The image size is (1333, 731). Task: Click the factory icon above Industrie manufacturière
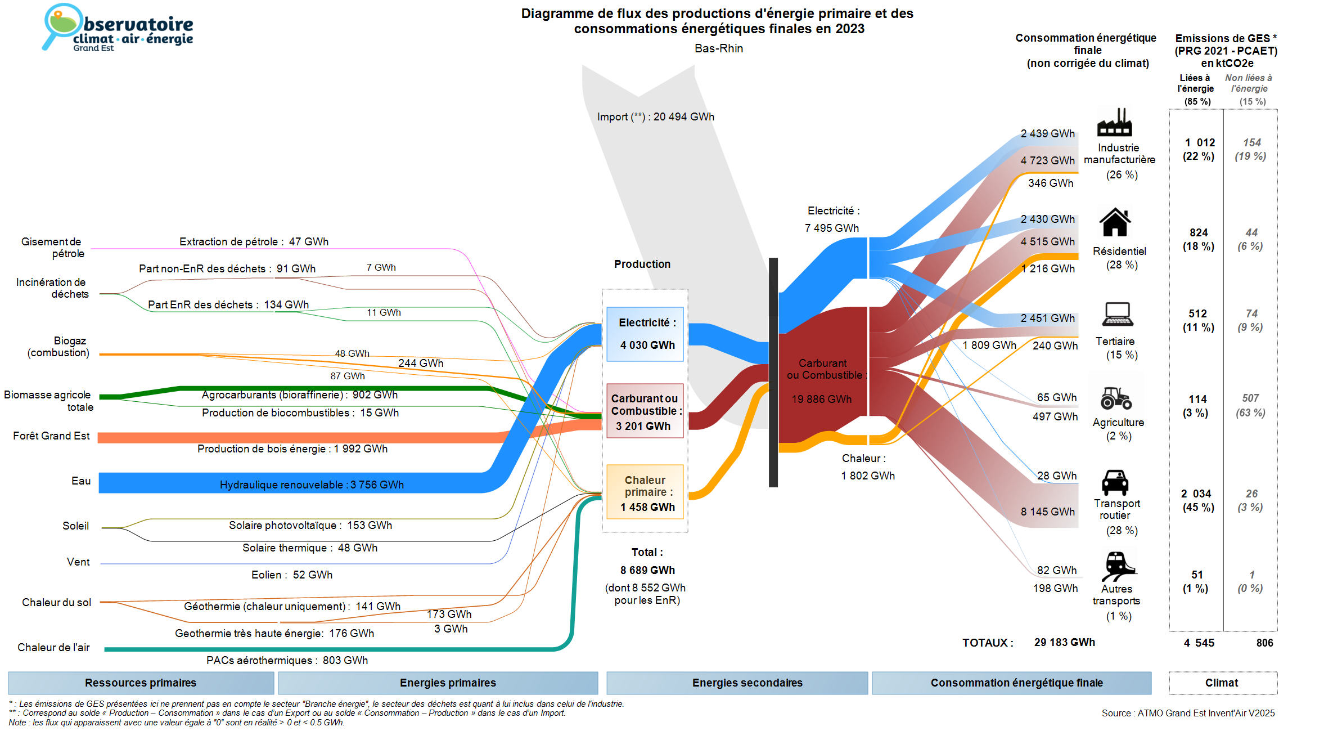pos(1114,122)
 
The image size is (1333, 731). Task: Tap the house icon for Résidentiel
pos(1115,222)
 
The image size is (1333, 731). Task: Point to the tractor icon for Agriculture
pos(1116,398)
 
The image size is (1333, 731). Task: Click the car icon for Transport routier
pos(1115,482)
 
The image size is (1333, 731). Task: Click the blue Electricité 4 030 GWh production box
pos(645,334)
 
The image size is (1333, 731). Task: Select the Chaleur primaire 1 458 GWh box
pos(645,492)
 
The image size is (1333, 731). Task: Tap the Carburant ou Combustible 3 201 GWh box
pos(645,411)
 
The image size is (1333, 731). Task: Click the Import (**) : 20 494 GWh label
pos(655,116)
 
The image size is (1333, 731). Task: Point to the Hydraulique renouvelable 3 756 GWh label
pos(312,485)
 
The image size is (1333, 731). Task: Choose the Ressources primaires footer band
pos(141,683)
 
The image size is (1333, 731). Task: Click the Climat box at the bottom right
pos(1222,683)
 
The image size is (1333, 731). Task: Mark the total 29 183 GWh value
pos(1064,642)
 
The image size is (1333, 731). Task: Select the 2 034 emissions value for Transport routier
pos(1196,494)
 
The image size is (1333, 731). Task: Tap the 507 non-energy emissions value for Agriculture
pos(1250,398)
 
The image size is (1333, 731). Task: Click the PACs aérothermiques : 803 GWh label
pos(287,660)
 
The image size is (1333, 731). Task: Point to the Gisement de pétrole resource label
pos(53,248)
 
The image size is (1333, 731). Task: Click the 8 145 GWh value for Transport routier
pos(1047,512)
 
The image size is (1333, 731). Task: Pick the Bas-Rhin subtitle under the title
pos(718,48)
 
